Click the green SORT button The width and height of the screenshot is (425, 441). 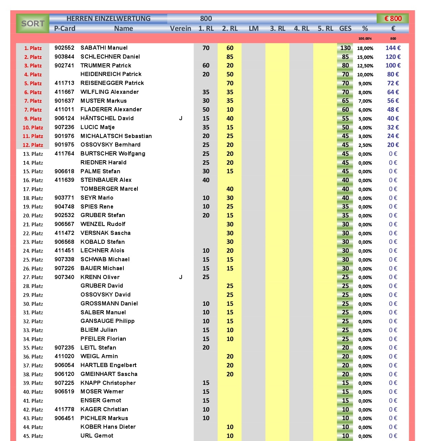coord(33,23)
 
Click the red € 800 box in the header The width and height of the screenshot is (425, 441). coord(393,18)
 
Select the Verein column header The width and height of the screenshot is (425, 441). coord(180,28)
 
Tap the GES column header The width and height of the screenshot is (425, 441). coord(345,28)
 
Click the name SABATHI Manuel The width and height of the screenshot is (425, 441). coord(104,48)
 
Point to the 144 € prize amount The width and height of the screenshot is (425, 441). coord(393,48)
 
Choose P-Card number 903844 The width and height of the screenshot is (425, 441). coord(64,57)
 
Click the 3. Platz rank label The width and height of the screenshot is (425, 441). coord(33,66)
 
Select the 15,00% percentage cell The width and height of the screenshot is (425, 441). coord(365,57)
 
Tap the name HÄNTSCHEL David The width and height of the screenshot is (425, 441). coord(107,118)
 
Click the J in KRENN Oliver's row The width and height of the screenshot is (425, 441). coord(181,277)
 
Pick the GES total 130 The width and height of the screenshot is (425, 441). coord(345,48)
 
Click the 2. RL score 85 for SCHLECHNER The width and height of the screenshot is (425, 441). coord(230,57)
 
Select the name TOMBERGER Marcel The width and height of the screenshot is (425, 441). coord(109,189)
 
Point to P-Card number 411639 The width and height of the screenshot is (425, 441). coord(64,180)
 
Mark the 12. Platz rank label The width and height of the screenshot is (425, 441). coord(33,145)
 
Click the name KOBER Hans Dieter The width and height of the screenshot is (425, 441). coord(108,427)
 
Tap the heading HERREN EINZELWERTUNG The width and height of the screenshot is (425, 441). coord(108,18)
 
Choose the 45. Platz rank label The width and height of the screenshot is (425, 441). coord(33,436)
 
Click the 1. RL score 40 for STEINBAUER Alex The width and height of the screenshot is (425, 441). coord(206,180)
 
